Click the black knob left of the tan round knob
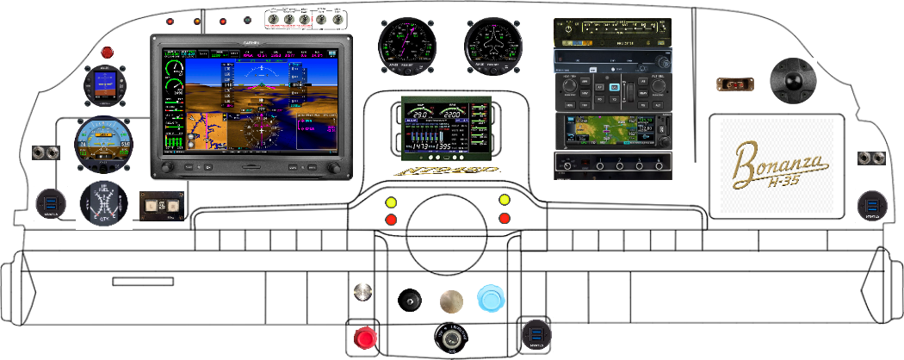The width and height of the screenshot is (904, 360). point(408,300)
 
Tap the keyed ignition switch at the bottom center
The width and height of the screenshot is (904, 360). point(453,339)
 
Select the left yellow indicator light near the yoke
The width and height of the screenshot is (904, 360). point(392,202)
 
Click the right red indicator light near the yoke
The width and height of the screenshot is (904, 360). point(505,219)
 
